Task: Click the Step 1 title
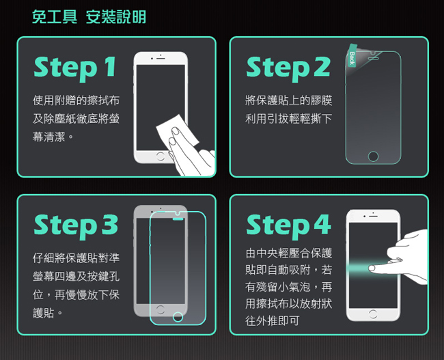tap(75, 67)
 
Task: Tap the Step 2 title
tap(288, 67)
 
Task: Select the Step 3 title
tap(75, 225)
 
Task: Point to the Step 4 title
tap(288, 225)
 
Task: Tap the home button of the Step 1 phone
tap(160, 156)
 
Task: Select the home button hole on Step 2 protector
tap(373, 156)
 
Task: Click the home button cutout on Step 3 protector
tap(178, 317)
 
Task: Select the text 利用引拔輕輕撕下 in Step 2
tap(288, 119)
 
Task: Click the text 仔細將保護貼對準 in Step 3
tap(76, 258)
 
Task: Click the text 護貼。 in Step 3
tap(48, 312)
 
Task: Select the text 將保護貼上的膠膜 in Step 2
tap(288, 100)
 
